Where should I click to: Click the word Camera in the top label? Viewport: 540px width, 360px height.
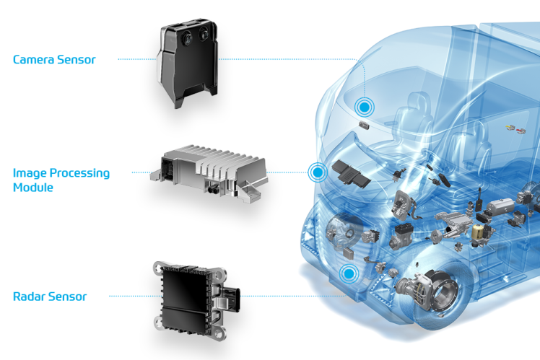pos(34,60)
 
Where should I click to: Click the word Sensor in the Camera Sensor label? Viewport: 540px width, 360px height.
pos(76,60)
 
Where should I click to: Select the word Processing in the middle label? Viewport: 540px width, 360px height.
pos(80,173)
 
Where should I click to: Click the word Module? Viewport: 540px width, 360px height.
pos(33,188)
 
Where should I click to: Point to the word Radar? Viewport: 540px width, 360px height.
pos(29,297)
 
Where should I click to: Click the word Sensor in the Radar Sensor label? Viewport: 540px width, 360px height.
pos(67,297)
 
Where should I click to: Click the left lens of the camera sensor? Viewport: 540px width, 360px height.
pos(188,38)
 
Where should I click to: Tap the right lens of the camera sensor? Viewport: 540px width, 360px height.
pos(204,35)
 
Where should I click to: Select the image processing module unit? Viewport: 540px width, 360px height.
pos(209,173)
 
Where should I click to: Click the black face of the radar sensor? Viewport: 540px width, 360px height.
pos(185,298)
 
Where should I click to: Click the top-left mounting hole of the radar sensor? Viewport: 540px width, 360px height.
pos(158,268)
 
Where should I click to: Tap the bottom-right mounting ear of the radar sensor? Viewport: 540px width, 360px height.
pos(219,333)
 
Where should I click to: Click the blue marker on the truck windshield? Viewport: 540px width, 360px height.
pos(364,107)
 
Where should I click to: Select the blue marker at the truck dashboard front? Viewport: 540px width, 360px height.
pos(318,172)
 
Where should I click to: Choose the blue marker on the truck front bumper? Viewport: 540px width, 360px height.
pos(349,273)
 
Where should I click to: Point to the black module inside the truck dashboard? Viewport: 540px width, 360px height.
pos(351,174)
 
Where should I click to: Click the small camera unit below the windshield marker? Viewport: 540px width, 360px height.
pos(364,126)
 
